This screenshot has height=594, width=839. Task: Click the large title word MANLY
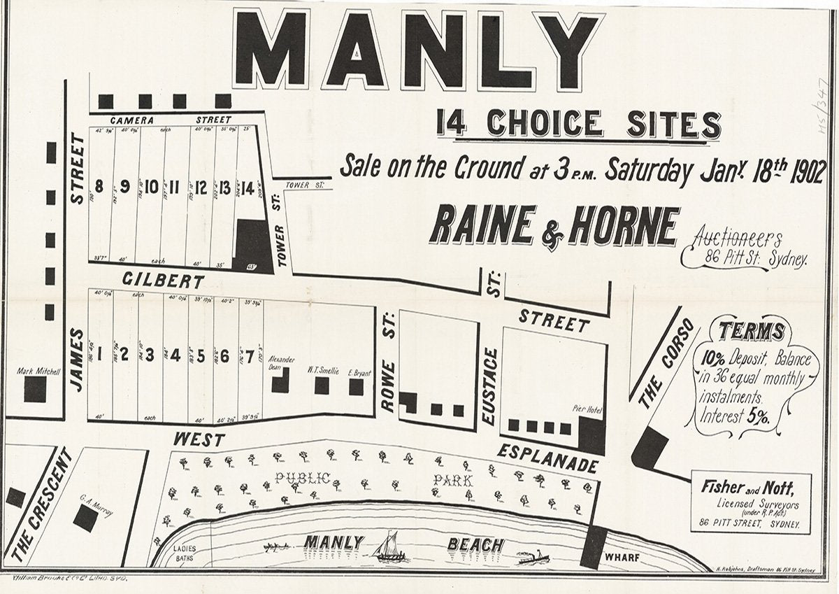pyautogui.click(x=418, y=51)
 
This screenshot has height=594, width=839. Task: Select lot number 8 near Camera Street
pyautogui.click(x=99, y=187)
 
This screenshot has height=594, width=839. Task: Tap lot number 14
pyautogui.click(x=247, y=188)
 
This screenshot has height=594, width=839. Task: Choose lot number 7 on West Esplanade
pyautogui.click(x=250, y=355)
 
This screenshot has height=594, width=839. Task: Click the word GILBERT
pyautogui.click(x=164, y=281)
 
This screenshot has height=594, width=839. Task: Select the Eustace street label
pyautogui.click(x=490, y=386)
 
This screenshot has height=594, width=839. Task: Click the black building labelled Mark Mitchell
pyautogui.click(x=35, y=390)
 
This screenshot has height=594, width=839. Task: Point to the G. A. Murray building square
pyautogui.click(x=85, y=518)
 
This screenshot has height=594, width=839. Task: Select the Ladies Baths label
pyautogui.click(x=185, y=553)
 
